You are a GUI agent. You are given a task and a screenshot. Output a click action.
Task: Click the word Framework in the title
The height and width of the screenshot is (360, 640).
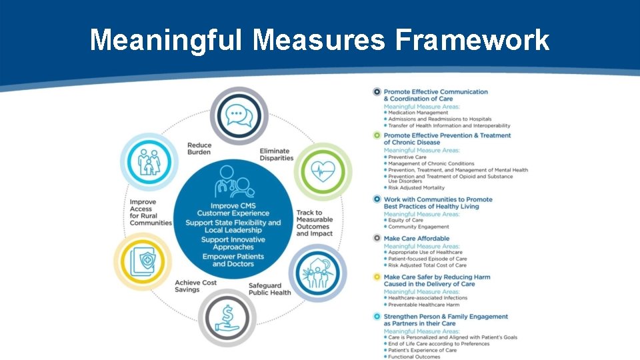click(472, 40)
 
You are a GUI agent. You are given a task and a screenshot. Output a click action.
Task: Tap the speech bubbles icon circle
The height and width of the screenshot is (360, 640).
click(239, 116)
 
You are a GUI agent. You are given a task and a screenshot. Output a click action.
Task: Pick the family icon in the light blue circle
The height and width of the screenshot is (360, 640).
click(149, 161)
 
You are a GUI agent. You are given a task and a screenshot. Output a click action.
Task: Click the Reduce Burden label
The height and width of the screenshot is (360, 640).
click(199, 149)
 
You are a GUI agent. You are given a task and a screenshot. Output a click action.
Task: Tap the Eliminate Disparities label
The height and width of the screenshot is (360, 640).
click(276, 155)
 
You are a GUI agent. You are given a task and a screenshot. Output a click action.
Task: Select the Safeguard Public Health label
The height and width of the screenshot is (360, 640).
click(269, 289)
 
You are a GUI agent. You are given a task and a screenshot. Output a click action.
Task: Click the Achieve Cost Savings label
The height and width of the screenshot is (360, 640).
click(196, 285)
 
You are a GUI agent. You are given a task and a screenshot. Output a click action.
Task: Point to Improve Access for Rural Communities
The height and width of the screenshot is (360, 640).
click(151, 212)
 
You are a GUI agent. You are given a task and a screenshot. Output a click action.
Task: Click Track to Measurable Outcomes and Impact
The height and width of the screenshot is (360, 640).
click(315, 223)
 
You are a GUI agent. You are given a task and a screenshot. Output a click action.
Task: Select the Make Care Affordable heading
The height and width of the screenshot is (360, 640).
click(417, 238)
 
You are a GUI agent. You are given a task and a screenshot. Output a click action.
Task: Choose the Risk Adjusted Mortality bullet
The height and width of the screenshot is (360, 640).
click(416, 188)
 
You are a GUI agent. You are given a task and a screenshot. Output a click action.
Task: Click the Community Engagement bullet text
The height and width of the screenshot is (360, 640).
click(419, 227)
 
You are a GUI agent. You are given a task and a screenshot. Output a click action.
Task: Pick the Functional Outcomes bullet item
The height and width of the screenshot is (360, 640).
click(414, 357)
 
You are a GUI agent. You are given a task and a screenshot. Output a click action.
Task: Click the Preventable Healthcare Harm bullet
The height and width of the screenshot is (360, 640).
click(423, 305)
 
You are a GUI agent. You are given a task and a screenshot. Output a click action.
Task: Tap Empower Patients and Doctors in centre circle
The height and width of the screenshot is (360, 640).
click(233, 260)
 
